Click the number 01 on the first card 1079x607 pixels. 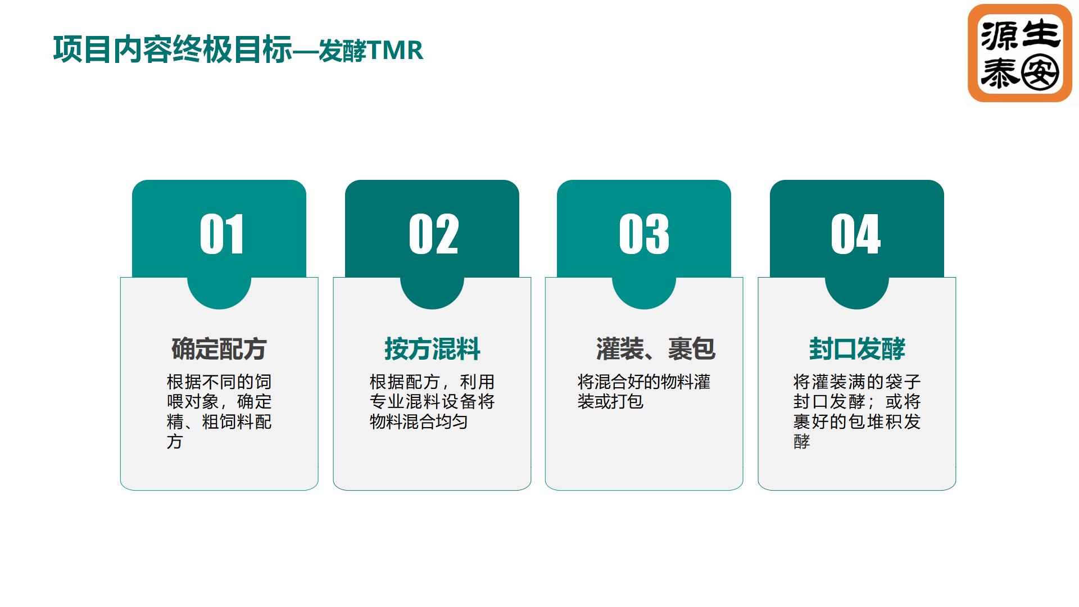click(x=222, y=234)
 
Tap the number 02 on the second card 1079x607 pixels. click(x=434, y=234)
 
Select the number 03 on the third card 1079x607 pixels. click(x=644, y=234)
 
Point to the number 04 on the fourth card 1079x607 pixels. click(x=856, y=234)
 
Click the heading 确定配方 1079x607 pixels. click(x=219, y=348)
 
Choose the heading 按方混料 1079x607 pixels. click(x=432, y=348)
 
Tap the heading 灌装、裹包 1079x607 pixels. click(x=656, y=348)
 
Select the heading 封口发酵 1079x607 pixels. click(x=857, y=348)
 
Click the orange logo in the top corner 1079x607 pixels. click(x=1020, y=53)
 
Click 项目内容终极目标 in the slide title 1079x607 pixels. click(x=173, y=49)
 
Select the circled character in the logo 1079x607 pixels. click(x=1040, y=73)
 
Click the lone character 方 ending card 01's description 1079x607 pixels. click(x=175, y=441)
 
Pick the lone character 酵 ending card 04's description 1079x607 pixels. click(x=802, y=441)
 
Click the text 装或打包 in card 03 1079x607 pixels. click(x=610, y=401)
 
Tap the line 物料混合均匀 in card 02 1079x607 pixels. click(x=419, y=422)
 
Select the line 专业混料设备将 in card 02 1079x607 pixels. click(x=432, y=401)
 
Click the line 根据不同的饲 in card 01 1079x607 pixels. click(x=219, y=382)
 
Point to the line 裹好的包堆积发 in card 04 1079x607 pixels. click(x=857, y=422)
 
